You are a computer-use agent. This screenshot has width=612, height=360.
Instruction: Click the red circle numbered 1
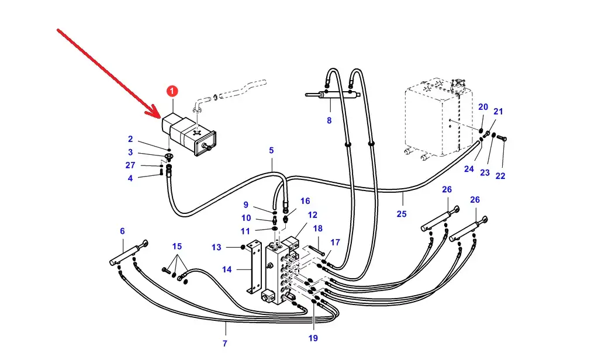tap(172, 91)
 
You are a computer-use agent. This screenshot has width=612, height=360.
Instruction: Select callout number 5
tap(271, 150)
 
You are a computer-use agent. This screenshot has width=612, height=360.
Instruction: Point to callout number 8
tap(329, 121)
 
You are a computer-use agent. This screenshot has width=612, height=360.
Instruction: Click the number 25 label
tap(401, 214)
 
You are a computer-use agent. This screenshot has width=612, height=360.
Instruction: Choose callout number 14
tap(227, 269)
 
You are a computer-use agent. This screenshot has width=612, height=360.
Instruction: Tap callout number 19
tap(313, 338)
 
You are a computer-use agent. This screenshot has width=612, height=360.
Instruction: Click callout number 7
tap(224, 343)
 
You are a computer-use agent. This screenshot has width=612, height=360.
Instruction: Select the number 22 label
tap(500, 175)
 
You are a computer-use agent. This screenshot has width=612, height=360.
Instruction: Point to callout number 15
tap(177, 246)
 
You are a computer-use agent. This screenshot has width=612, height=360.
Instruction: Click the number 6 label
tap(122, 231)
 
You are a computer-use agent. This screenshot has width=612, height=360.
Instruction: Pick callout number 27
tap(130, 165)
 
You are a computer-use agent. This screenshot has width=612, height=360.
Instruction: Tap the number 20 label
tap(483, 107)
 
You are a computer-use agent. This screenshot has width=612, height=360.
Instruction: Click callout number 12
tap(313, 215)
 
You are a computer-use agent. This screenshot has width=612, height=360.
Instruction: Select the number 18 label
tap(318, 229)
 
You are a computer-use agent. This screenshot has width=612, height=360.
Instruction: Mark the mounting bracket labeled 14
tap(253, 268)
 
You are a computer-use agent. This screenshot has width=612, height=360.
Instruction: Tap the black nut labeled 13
tap(243, 247)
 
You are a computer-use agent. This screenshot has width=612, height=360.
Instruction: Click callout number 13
tap(216, 247)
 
